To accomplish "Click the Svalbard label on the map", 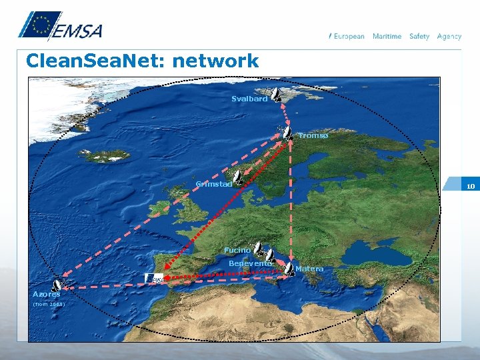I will click(x=249, y=99).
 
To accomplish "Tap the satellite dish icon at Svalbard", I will click(x=276, y=95).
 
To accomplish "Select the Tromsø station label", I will click(x=313, y=135).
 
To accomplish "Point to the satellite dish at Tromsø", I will click(x=287, y=132).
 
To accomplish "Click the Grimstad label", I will click(x=213, y=184).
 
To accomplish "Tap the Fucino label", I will click(x=237, y=250).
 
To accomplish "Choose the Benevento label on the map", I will click(x=250, y=263).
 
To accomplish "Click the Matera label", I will click(x=309, y=269).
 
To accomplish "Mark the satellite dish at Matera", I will click(x=289, y=268).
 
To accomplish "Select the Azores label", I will click(x=46, y=294).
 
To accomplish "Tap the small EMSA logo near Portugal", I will click(x=155, y=278).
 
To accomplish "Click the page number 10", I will click(x=471, y=187).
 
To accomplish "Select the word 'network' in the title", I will click(x=215, y=61).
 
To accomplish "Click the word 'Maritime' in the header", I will click(x=387, y=36).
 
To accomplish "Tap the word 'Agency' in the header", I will click(x=449, y=36).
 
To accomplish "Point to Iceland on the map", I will click(x=104, y=155).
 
